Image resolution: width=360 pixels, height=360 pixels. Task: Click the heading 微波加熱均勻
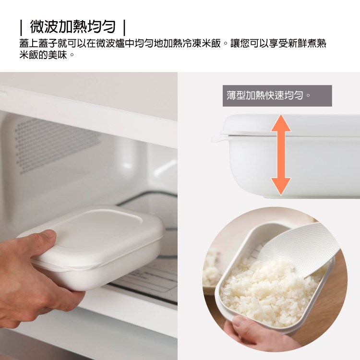[72, 26]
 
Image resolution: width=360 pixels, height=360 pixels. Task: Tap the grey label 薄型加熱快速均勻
[277, 96]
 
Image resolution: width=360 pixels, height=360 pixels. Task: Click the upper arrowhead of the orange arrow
[281, 123]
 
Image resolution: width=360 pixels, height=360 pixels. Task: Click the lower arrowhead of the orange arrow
[281, 186]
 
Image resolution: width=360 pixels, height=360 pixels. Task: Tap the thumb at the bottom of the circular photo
[243, 324]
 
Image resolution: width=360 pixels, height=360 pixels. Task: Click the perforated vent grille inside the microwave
[58, 144]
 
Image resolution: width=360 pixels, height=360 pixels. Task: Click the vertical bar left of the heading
[21, 27]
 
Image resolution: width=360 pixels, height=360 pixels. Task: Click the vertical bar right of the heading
[124, 27]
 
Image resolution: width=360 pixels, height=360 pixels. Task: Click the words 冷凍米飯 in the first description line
[202, 43]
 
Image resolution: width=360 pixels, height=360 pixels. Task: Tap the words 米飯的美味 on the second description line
[43, 55]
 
